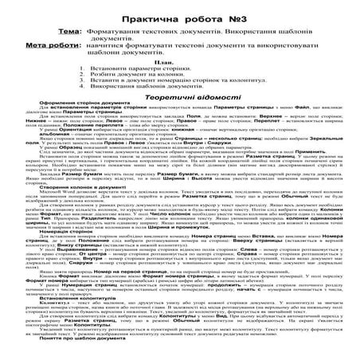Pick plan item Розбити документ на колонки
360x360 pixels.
150,78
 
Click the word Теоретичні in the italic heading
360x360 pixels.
155,105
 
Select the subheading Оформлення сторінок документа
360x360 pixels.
75,116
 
